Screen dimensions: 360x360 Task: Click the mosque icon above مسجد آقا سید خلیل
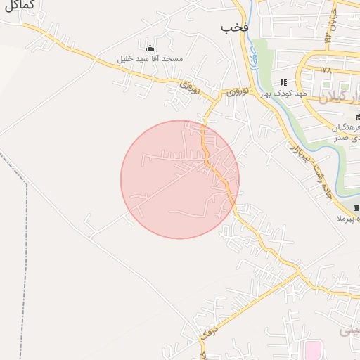149,48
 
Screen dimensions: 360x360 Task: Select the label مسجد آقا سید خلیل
152,59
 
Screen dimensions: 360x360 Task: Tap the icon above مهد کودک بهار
283,82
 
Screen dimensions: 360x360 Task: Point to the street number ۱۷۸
324,70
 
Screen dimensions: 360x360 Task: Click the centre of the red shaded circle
180,179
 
